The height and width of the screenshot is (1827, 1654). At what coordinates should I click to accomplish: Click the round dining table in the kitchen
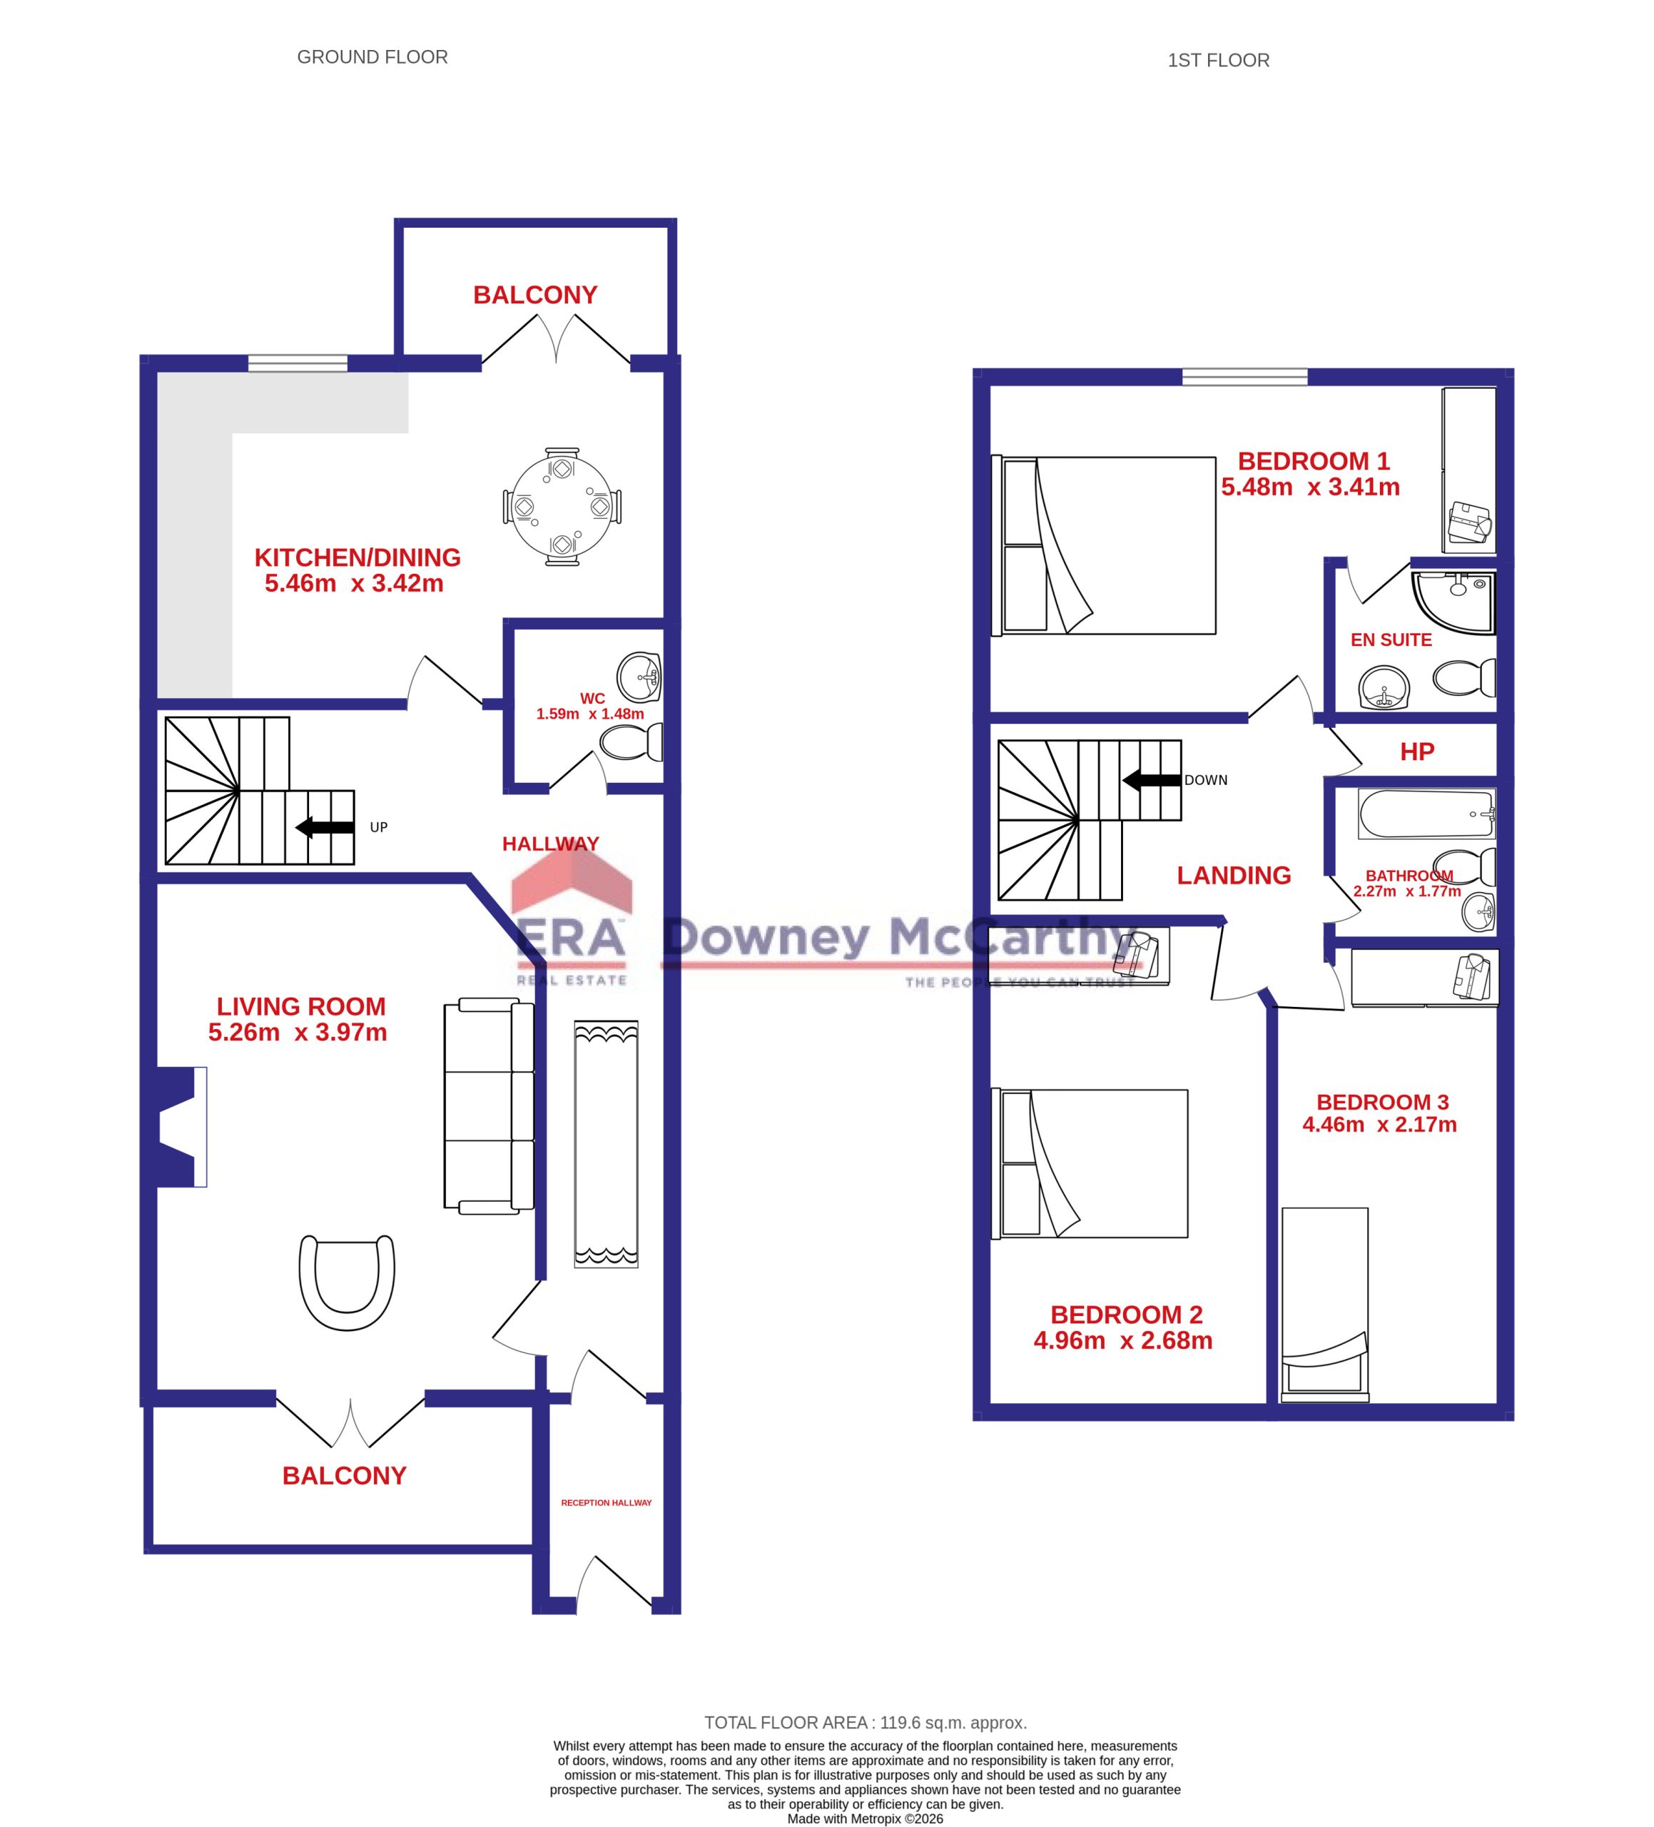pyautogui.click(x=562, y=506)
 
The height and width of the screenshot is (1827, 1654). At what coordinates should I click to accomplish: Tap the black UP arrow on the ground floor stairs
pyautogui.click(x=325, y=826)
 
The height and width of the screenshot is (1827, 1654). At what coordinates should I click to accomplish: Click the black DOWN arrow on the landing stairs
pyautogui.click(x=1152, y=780)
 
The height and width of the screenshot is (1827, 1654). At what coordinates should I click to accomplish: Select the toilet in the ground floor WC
pyautogui.click(x=631, y=742)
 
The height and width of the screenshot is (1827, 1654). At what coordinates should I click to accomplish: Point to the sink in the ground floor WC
pyautogui.click(x=639, y=676)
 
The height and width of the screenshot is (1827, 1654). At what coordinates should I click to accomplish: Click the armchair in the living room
pyautogui.click(x=347, y=1282)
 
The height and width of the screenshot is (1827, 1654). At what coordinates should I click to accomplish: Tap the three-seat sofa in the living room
pyautogui.click(x=489, y=1105)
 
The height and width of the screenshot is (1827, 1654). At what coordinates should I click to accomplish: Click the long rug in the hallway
pyautogui.click(x=605, y=1143)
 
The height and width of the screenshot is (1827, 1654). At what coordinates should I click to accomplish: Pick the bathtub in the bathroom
pyautogui.click(x=1426, y=814)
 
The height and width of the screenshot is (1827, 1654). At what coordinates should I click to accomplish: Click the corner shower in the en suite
pyautogui.click(x=1453, y=602)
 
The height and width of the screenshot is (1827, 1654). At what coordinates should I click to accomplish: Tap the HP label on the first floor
pyautogui.click(x=1417, y=751)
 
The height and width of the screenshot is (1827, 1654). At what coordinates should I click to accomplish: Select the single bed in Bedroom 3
pyautogui.click(x=1324, y=1299)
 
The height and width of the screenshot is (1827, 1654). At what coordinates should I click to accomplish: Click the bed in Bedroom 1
pyautogui.click(x=1104, y=545)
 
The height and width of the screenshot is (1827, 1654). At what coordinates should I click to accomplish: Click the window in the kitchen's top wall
pyautogui.click(x=298, y=363)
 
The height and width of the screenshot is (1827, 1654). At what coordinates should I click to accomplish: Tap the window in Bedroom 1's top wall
pyautogui.click(x=1245, y=377)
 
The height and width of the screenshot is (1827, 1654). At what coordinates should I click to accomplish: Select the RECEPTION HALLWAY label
pyautogui.click(x=607, y=1502)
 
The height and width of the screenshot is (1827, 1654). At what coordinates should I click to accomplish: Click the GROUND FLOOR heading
pyautogui.click(x=372, y=57)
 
